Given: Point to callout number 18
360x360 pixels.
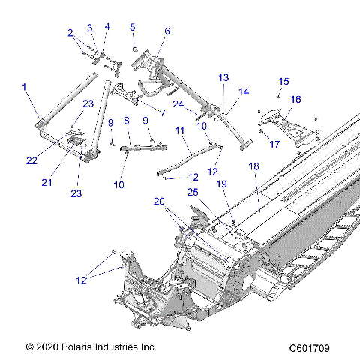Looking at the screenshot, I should coord(253,165).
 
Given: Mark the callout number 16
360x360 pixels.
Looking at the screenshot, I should coord(295,98).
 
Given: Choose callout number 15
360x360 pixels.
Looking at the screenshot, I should coord(283,81).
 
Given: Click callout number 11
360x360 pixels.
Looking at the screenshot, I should coord(180,130).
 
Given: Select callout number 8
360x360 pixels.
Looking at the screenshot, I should coord(126,120).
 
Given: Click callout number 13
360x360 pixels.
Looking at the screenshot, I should coord(223,77).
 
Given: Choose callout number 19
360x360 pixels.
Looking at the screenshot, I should coord(222,183).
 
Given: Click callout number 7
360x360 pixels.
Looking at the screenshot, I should coord(162,113).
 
